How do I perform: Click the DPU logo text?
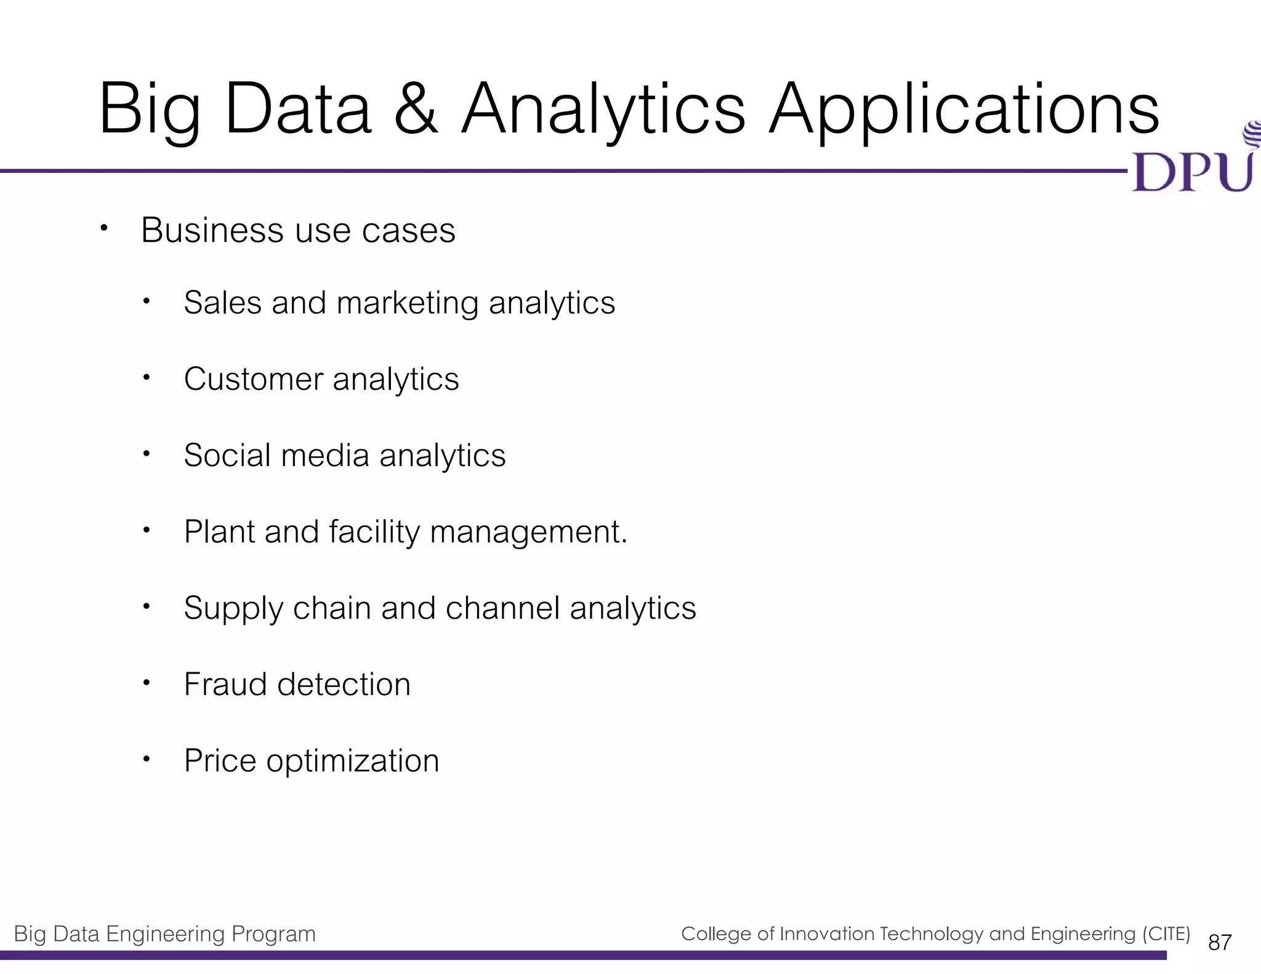(x=1192, y=172)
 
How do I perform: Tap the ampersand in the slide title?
(x=416, y=110)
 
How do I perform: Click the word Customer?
(x=253, y=379)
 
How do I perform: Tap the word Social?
(x=227, y=456)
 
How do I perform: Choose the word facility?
(x=374, y=532)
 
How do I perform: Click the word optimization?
(x=353, y=762)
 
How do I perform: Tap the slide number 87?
(x=1220, y=943)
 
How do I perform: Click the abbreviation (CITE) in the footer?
(x=1166, y=934)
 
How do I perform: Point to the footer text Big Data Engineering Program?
(x=164, y=935)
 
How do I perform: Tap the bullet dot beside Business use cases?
(x=104, y=228)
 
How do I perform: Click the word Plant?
(x=219, y=532)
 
